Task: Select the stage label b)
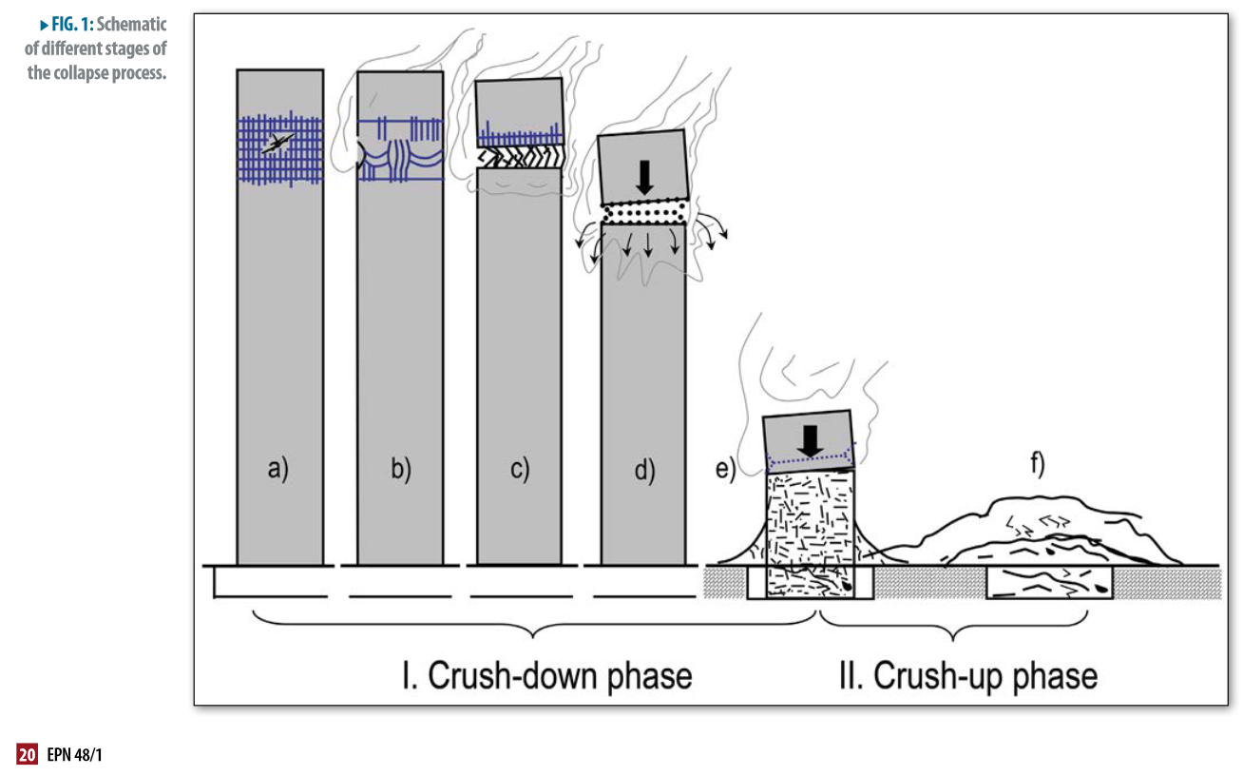pyautogui.click(x=400, y=469)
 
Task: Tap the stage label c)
pyautogui.click(x=520, y=469)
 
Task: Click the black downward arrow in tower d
pyautogui.click(x=645, y=177)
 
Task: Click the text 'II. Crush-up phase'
pyautogui.click(x=967, y=675)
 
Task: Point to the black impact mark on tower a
pyautogui.click(x=277, y=144)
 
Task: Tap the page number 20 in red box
pyautogui.click(x=27, y=755)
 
